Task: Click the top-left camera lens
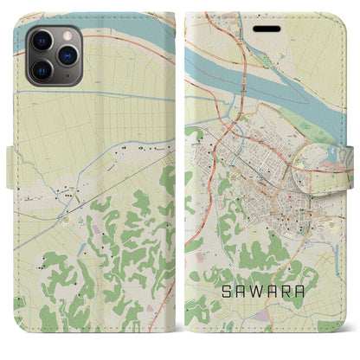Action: point(41,40)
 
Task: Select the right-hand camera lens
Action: point(65,54)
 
